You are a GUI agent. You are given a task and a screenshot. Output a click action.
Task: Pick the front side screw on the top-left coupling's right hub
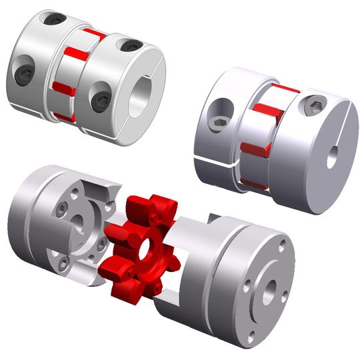click(101, 100)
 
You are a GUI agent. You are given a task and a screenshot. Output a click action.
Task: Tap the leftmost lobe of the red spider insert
click(115, 235)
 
